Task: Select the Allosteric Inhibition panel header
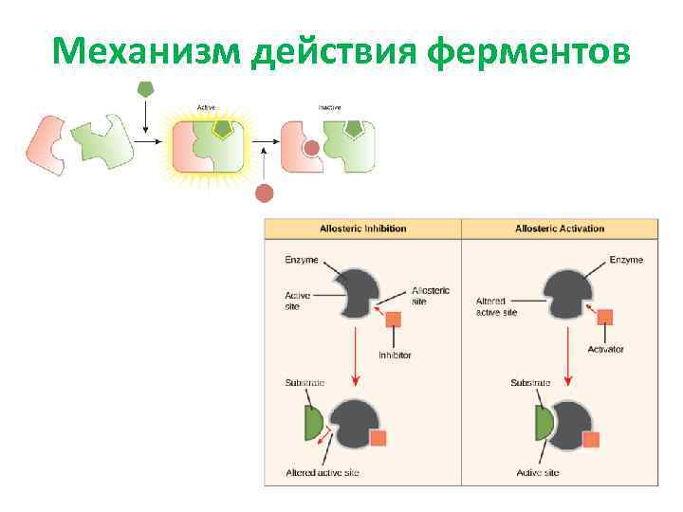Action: coord(362,229)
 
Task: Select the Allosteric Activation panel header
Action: coord(560,229)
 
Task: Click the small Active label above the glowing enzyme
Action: coord(206,107)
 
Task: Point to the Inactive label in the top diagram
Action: coord(329,107)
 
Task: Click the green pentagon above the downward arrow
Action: coord(145,87)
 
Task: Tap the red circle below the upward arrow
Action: coord(265,193)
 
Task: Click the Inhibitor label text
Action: coord(395,356)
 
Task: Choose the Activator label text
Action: coord(605,350)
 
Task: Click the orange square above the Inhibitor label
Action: coord(394,320)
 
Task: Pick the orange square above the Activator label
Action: coord(604,317)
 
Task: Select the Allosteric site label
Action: coord(432,296)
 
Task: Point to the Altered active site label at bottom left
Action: coord(323,473)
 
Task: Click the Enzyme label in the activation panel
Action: coord(626,260)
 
